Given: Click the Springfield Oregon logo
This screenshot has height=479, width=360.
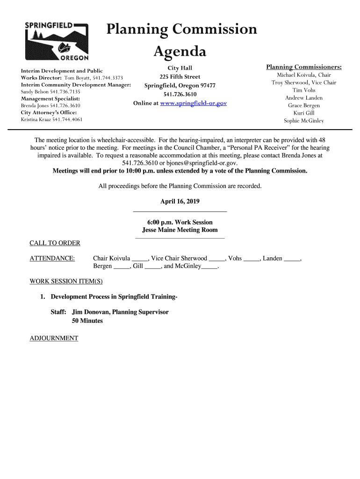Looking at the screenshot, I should click(56, 41).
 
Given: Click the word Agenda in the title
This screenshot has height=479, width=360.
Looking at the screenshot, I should click(180, 51).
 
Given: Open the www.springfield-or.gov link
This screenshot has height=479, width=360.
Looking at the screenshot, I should click(193, 103).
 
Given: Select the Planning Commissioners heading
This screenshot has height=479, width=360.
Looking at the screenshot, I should click(304, 67).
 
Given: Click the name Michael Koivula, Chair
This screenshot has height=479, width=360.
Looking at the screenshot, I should click(304, 75).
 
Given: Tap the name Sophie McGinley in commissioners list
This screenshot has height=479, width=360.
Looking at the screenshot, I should click(304, 121).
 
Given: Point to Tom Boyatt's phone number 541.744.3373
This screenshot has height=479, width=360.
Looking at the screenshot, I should click(108, 78).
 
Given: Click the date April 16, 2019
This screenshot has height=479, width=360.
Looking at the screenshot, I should click(180, 202).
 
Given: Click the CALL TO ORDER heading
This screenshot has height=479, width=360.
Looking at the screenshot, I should click(55, 243).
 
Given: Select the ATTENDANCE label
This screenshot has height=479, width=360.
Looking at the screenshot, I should click(52, 258).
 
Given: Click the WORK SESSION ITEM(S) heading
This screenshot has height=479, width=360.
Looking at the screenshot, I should click(66, 282).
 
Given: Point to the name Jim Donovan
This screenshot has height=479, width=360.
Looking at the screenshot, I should click(91, 312).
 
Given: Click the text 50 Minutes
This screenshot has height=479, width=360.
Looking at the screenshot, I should click(87, 321).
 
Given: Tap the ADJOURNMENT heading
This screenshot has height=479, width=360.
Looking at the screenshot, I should click(54, 338).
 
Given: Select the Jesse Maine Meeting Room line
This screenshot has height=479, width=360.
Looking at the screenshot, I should click(180, 230).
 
